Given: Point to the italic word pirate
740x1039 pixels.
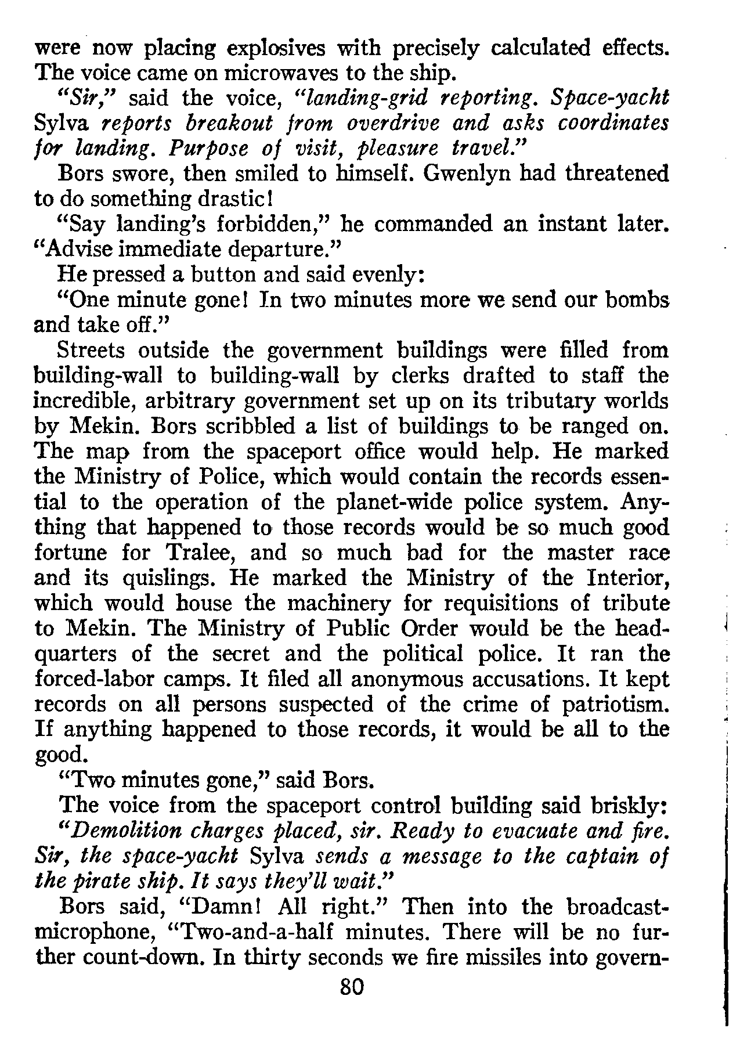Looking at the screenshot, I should (x=103, y=882).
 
